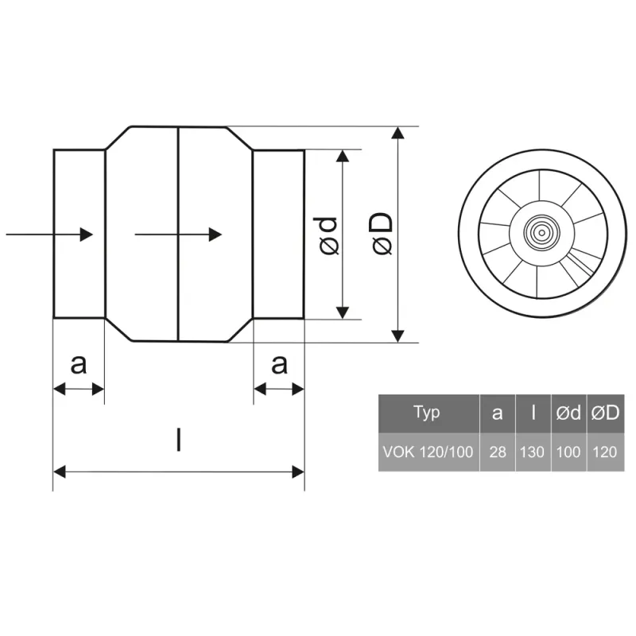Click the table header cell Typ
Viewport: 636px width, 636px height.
click(x=428, y=413)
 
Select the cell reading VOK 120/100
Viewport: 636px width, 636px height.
click(x=428, y=452)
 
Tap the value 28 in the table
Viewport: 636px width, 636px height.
click(x=498, y=452)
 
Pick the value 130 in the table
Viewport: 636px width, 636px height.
click(x=533, y=452)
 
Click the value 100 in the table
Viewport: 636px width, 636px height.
click(x=568, y=452)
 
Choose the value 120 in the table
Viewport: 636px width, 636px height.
click(x=605, y=452)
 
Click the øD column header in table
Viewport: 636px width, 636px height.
click(x=605, y=413)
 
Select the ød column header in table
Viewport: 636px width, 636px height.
click(x=568, y=413)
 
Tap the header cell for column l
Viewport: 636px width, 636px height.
click(x=533, y=413)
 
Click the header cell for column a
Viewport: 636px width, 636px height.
click(x=498, y=413)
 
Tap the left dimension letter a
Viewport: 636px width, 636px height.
click(x=78, y=364)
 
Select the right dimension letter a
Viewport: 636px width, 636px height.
click(x=278, y=364)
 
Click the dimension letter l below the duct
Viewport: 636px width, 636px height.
click(x=179, y=439)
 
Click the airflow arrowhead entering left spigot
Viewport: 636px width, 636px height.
click(x=88, y=235)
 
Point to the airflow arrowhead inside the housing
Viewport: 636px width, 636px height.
click(x=215, y=235)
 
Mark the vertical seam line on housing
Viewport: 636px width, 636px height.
click(x=178, y=235)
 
